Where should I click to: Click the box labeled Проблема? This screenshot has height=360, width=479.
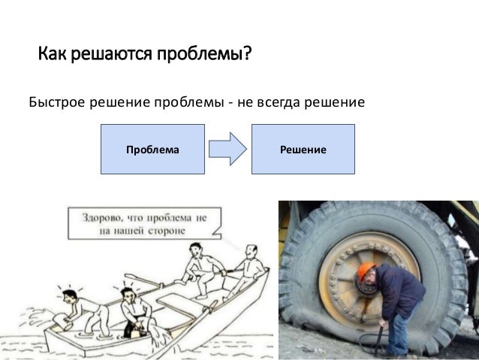click(152, 150)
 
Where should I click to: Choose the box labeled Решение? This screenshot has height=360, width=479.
click(303, 150)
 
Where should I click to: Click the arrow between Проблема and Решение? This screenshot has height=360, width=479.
click(227, 150)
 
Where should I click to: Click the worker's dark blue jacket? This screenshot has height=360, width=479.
click(398, 293)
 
